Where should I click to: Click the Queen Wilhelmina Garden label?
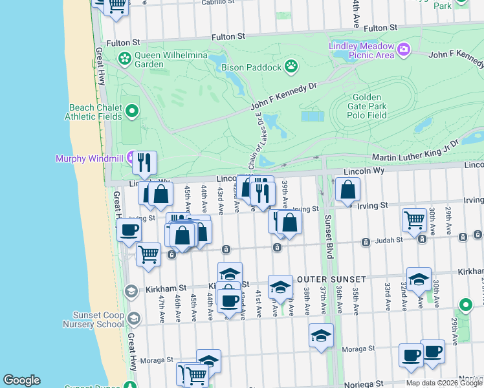[158, 59]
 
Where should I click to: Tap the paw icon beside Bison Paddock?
[292, 66]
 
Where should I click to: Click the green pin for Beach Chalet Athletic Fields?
[133, 111]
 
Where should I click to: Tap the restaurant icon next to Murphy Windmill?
[145, 162]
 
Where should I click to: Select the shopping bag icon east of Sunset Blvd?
[348, 189]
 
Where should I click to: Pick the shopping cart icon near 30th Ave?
[414, 219]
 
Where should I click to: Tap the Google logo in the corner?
[21, 380]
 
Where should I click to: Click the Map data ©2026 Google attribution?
[444, 383]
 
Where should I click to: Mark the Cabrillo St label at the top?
[218, 3]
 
